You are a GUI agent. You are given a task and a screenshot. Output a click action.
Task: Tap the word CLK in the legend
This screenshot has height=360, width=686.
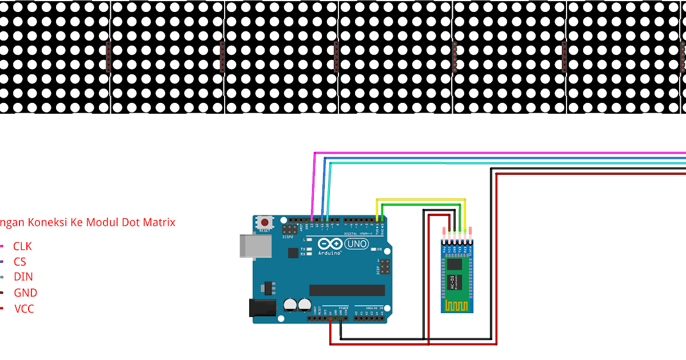(x=22, y=246)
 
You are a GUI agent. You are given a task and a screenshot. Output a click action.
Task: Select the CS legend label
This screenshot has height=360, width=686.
(x=20, y=262)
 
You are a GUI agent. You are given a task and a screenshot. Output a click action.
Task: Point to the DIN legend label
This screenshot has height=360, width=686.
(x=23, y=277)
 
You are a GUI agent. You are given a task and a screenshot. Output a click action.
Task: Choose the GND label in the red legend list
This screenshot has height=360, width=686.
(x=26, y=293)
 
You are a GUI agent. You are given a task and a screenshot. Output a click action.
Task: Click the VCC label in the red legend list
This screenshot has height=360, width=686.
(x=24, y=309)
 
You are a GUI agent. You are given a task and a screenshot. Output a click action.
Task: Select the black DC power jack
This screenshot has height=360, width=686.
(x=262, y=308)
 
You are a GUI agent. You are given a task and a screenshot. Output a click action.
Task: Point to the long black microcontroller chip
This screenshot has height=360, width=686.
(x=347, y=290)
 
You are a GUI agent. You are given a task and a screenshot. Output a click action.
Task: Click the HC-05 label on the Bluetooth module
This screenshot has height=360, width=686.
(x=452, y=281)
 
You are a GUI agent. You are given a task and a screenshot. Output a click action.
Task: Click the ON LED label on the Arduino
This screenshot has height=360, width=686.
(x=378, y=250)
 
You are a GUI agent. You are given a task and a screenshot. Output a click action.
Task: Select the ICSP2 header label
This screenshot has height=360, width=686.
(x=288, y=236)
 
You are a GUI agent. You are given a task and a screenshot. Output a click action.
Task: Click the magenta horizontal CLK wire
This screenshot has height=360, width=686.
(x=497, y=153)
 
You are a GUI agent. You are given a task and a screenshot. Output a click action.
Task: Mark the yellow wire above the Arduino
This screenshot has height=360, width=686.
(x=420, y=199)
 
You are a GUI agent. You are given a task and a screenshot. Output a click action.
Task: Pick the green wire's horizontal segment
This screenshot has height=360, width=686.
(x=420, y=205)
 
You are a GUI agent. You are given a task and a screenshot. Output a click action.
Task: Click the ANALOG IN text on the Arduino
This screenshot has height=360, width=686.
(x=374, y=308)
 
